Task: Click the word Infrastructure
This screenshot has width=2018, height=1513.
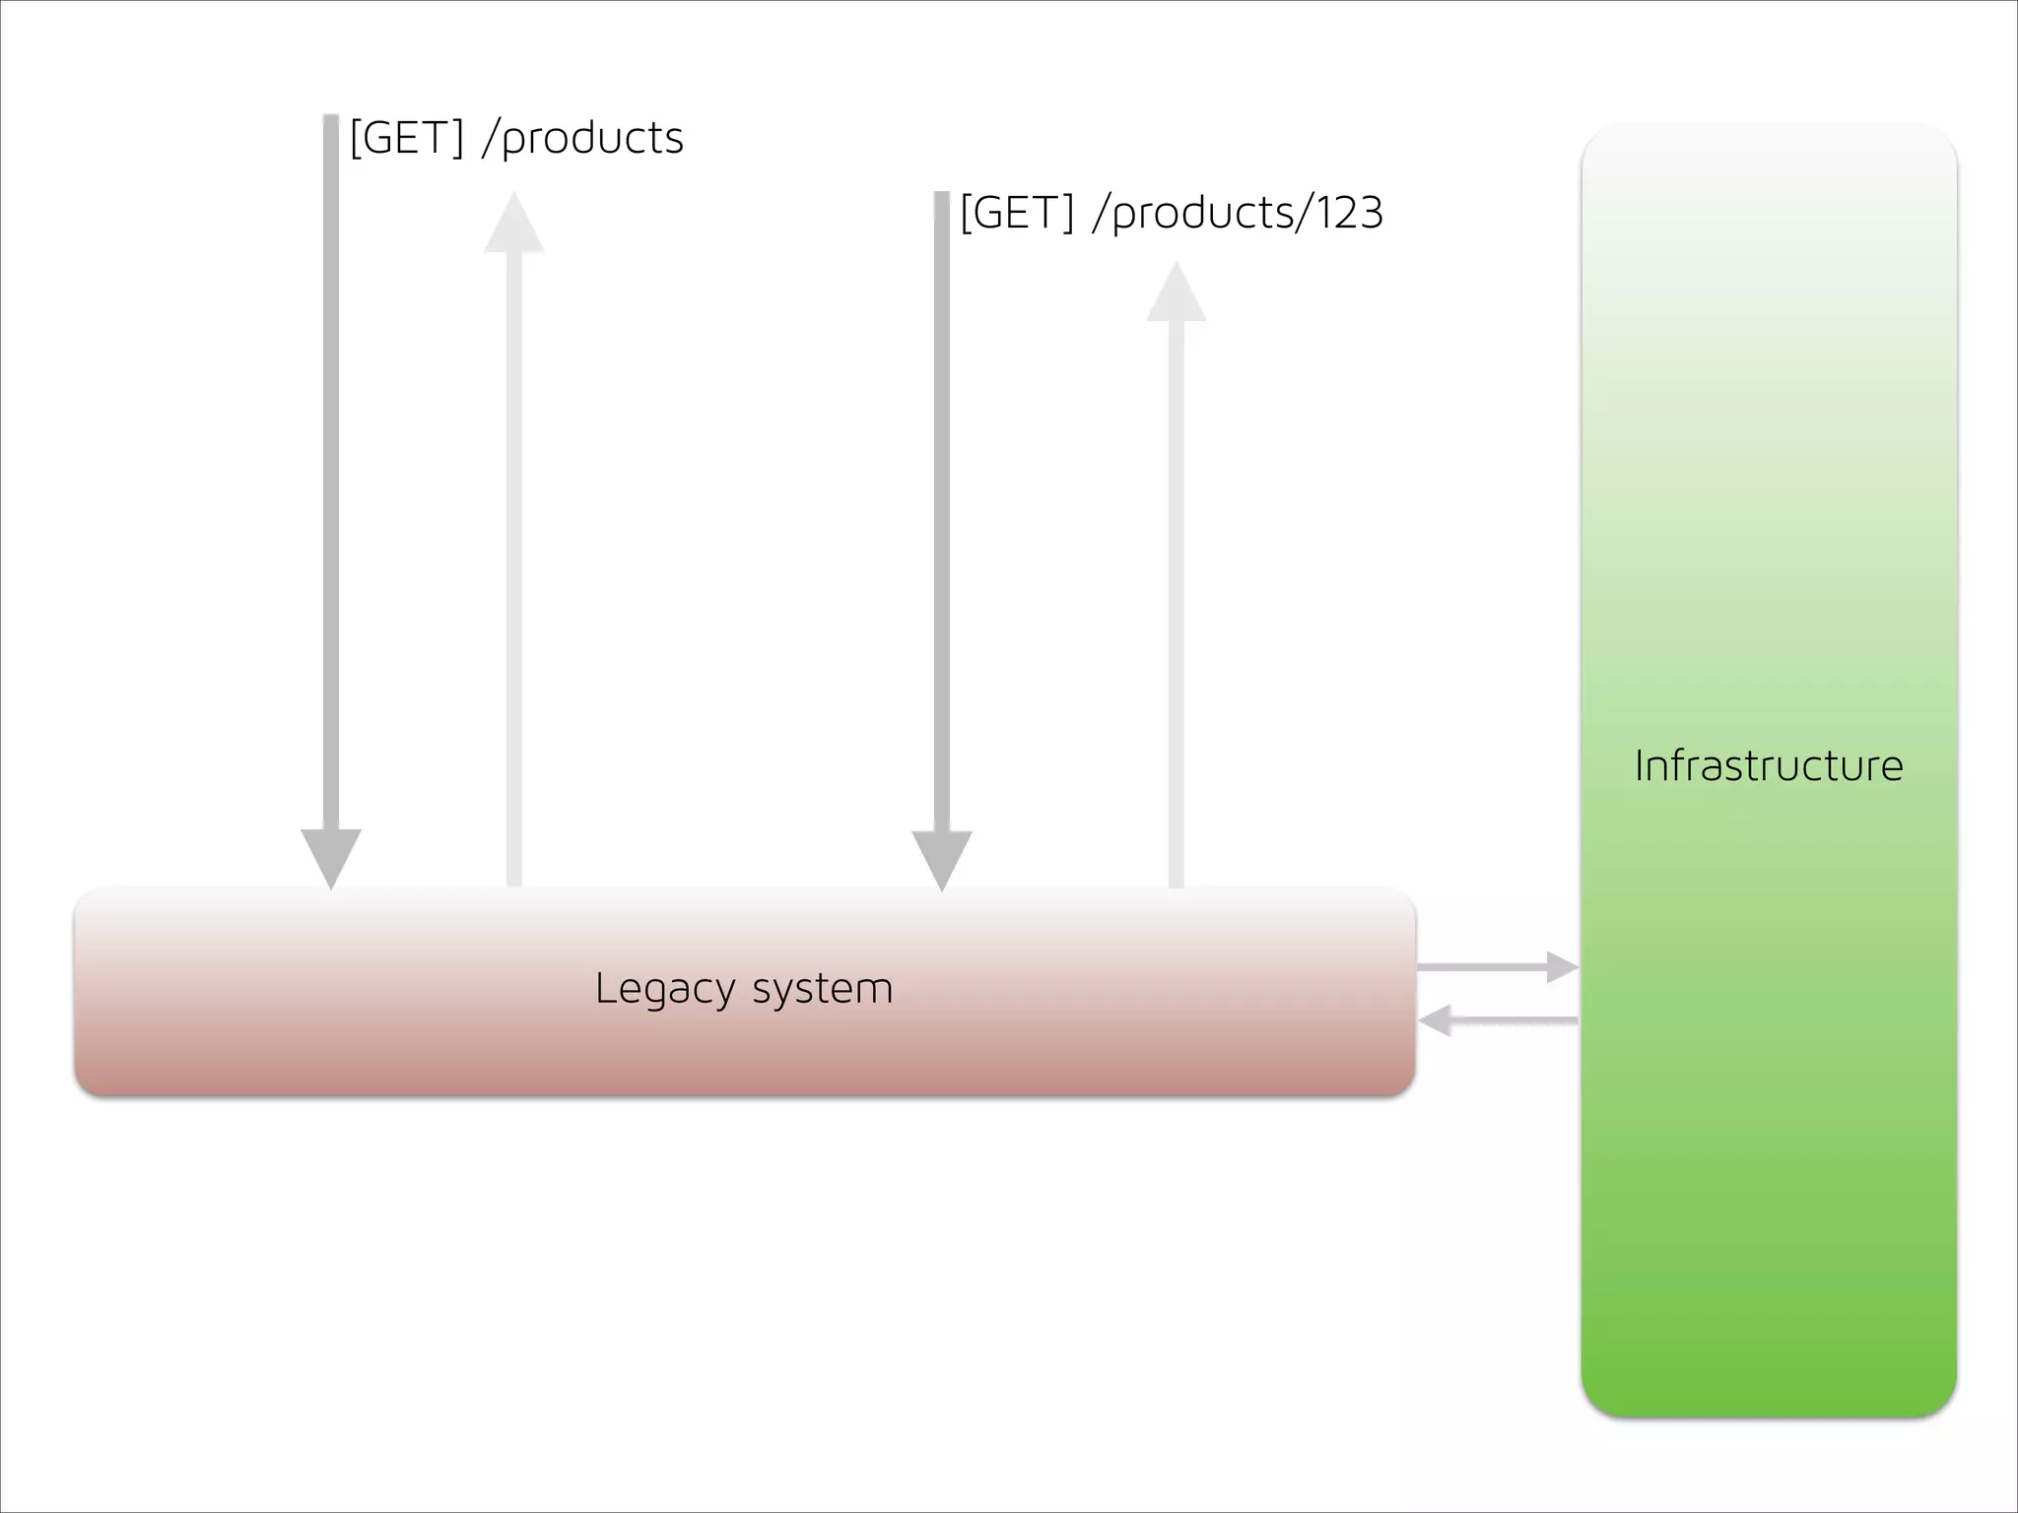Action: (x=1768, y=766)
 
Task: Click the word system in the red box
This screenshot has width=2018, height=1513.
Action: (x=823, y=989)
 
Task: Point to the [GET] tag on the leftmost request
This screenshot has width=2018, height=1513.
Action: (x=406, y=138)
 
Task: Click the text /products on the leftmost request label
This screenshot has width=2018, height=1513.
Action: (x=583, y=138)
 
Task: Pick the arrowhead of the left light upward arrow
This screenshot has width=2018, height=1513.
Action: (x=514, y=225)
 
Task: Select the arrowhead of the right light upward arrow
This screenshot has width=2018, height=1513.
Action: (x=1177, y=294)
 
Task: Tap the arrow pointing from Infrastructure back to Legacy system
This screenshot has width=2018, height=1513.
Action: (x=1498, y=1020)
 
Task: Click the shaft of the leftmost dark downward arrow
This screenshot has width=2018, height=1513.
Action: (x=331, y=473)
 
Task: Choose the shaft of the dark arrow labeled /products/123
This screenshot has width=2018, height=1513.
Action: (x=942, y=512)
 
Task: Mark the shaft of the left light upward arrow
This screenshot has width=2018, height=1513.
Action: (x=514, y=571)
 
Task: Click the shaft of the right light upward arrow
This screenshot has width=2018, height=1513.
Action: (x=1177, y=601)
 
